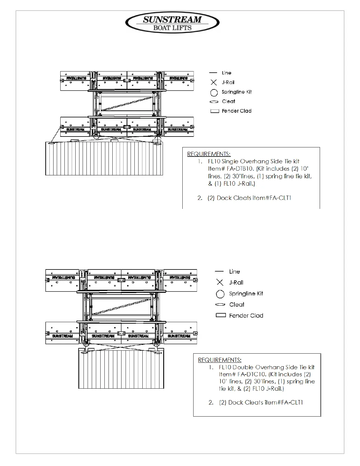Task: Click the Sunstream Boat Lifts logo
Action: coord(172,23)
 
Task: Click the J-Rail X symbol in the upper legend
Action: coord(214,82)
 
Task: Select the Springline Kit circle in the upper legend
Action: coord(214,93)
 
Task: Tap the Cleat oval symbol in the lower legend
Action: coord(220,304)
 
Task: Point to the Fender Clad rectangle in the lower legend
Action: coord(221,315)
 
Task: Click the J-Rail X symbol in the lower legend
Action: coord(220,282)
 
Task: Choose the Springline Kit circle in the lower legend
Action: coord(220,294)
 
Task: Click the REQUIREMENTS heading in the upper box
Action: coord(209,154)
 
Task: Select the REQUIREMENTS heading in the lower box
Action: coord(220,360)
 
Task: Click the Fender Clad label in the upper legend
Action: coord(236,111)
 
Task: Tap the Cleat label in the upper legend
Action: coord(229,101)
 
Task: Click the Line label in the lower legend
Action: coord(234,272)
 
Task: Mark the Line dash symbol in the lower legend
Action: coord(219,271)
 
